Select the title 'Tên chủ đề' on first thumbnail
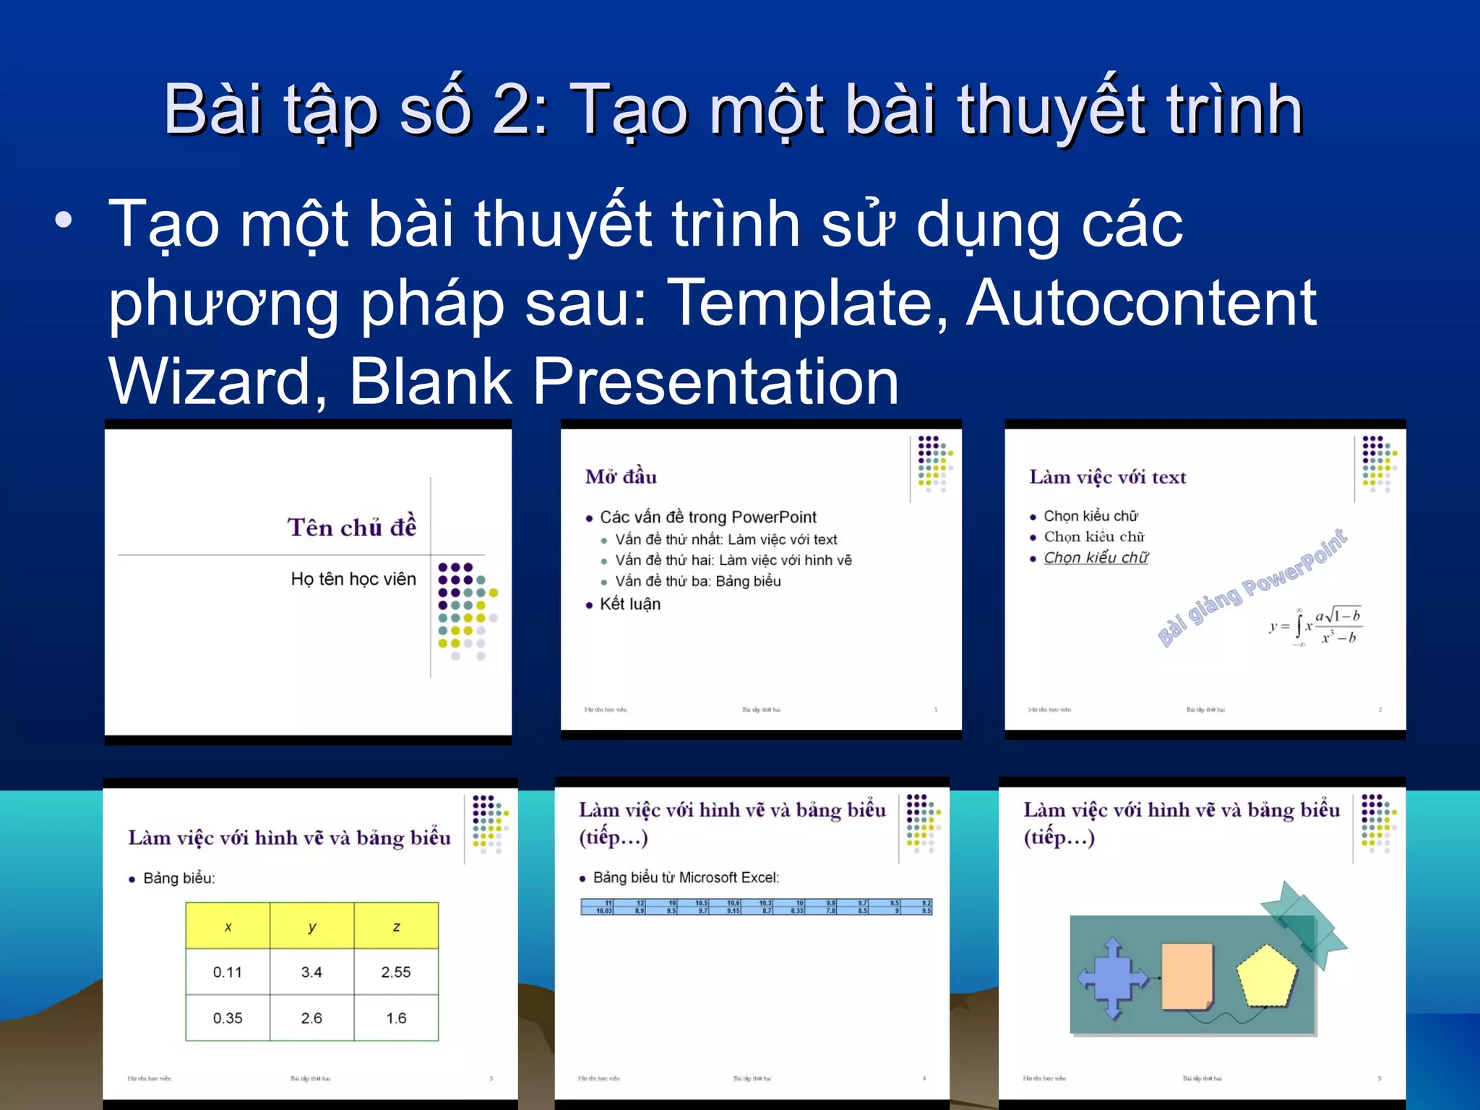[x=352, y=527]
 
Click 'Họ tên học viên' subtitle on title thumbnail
[x=353, y=579]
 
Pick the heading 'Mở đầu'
[x=621, y=477]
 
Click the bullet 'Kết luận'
[x=630, y=604]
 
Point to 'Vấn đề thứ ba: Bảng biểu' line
[x=697, y=581]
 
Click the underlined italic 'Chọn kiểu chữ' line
[x=1096, y=558]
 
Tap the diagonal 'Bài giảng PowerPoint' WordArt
[x=1252, y=587]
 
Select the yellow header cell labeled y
[x=311, y=926]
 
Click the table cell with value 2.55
[x=395, y=972]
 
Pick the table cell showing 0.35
[x=227, y=1018]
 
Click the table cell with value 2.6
[x=311, y=1018]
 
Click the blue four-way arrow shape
[x=1112, y=978]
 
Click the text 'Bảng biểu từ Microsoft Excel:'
[x=686, y=877]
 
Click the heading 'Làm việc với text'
[x=1107, y=477]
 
